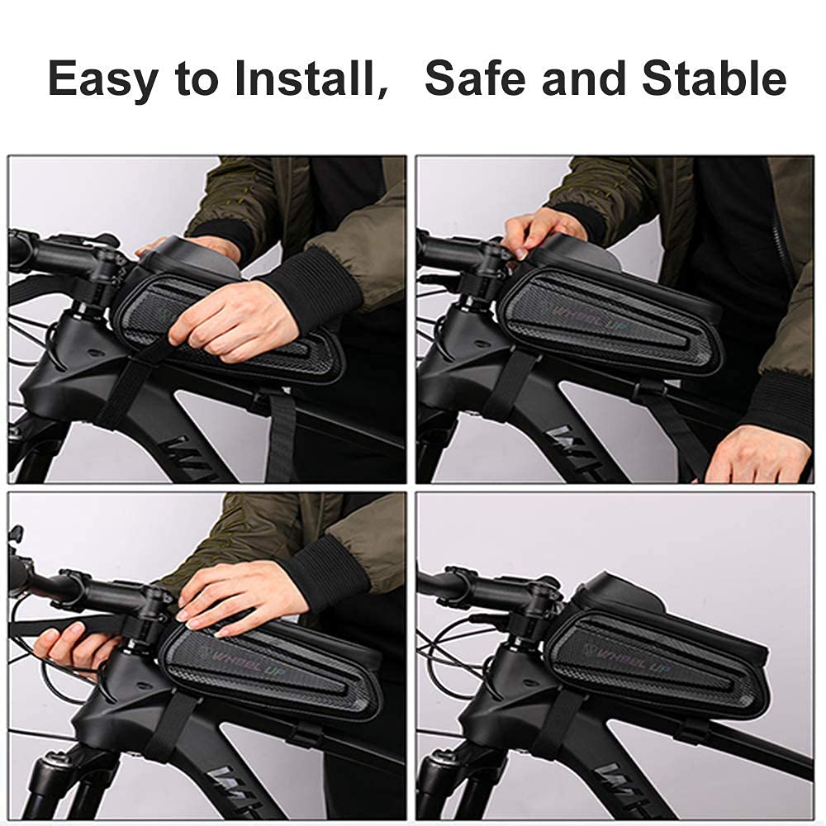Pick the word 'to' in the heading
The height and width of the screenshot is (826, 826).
(x=198, y=80)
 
